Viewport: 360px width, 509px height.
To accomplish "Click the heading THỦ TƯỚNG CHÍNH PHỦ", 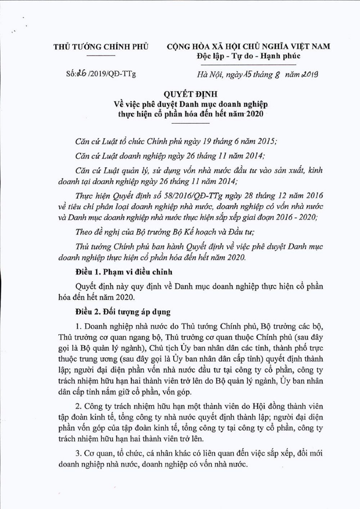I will (x=101, y=47).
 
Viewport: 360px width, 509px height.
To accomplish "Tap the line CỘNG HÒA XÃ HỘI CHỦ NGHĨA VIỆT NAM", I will (x=249, y=46).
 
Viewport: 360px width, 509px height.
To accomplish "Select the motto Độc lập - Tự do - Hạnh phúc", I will (x=249, y=56).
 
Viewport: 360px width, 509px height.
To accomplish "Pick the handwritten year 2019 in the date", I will (x=309, y=74).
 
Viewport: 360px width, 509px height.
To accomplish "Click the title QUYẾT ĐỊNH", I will (x=191, y=94).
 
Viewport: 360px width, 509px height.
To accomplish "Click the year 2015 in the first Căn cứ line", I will (x=266, y=141).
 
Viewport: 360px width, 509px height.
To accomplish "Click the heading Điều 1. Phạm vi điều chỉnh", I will (x=124, y=272).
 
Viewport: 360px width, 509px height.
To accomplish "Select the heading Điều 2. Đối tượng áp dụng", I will (x=123, y=312).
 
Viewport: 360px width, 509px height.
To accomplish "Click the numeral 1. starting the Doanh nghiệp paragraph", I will (x=79, y=326).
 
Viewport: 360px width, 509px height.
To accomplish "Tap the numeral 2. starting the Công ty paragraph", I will (x=79, y=406).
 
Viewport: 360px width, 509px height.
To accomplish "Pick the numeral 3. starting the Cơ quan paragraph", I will (x=79, y=453).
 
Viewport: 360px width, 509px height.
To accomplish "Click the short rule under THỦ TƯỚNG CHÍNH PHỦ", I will (x=101, y=56).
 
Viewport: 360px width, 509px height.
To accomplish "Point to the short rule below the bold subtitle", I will (x=191, y=123).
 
